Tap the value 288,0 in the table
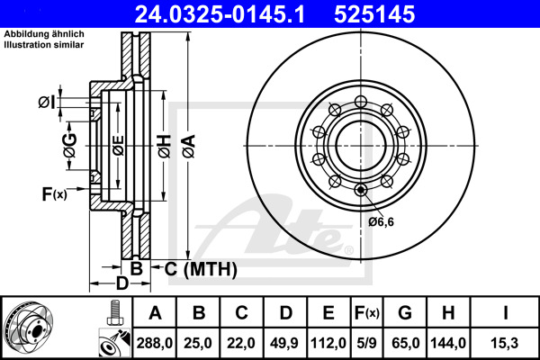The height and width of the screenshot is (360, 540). point(155,341)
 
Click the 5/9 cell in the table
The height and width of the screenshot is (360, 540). point(368,341)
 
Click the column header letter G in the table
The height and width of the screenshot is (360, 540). point(405,313)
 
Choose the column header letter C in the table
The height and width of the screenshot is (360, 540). point(241,313)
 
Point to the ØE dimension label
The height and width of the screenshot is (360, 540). point(117,144)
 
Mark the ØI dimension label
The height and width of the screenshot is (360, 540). point(46,102)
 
